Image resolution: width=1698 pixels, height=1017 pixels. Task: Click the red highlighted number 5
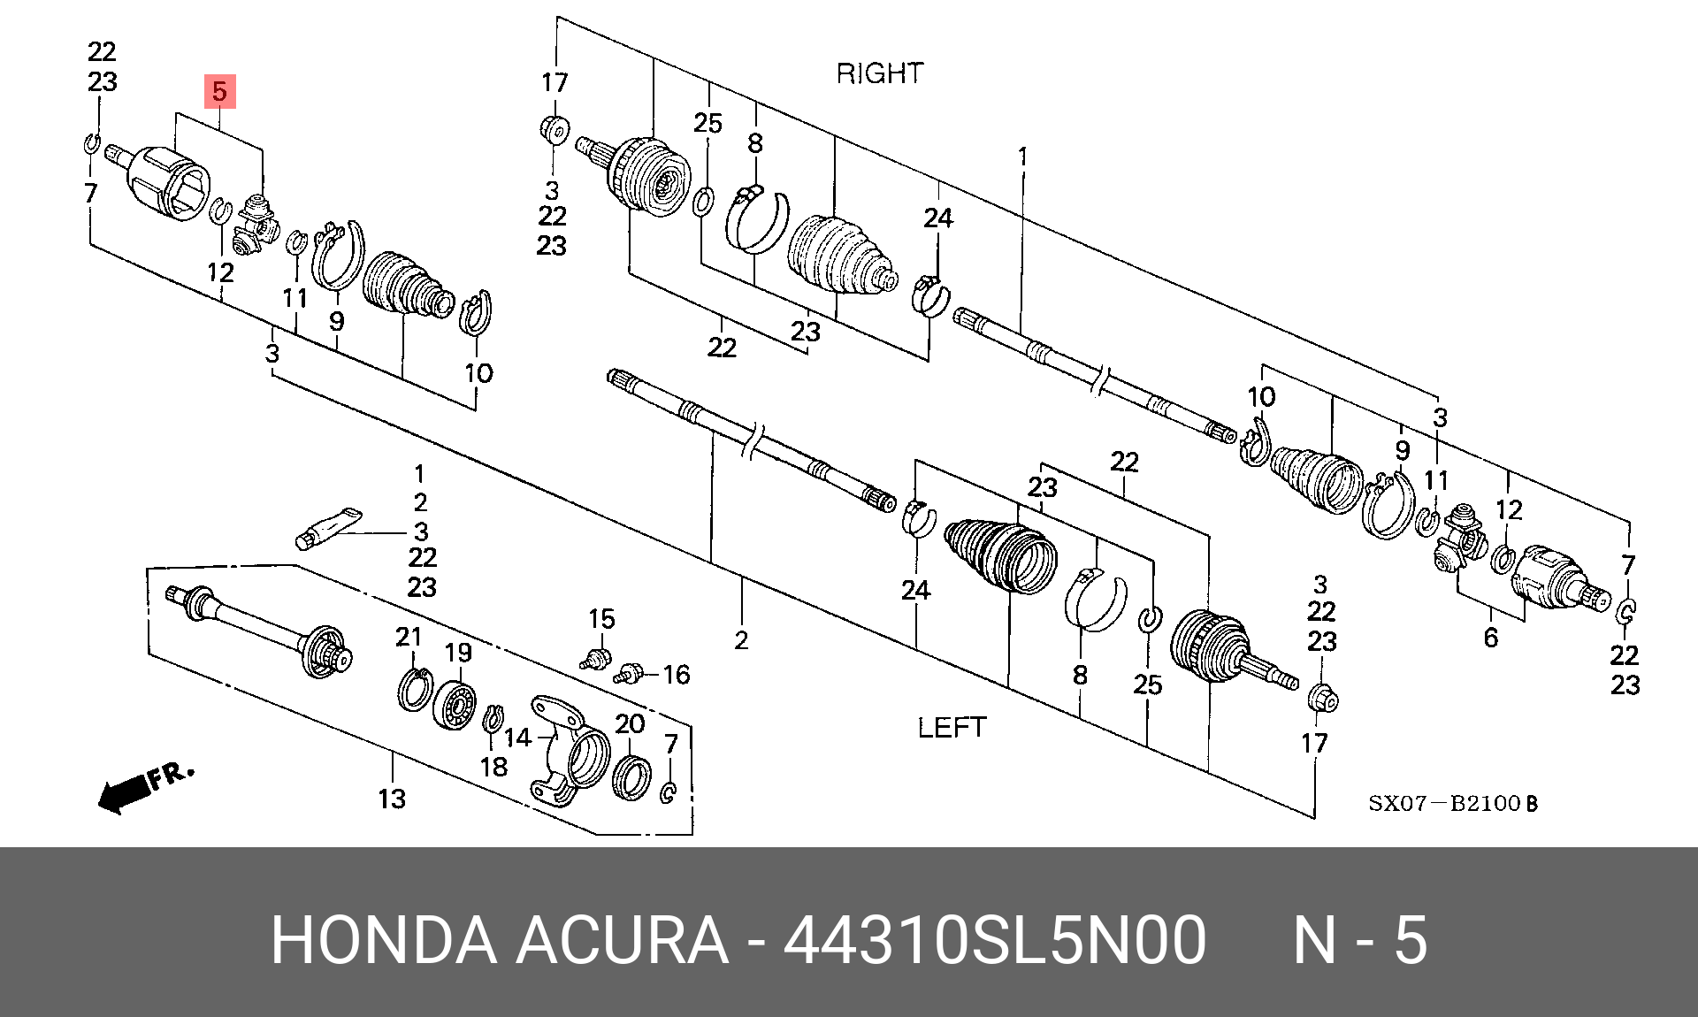pos(219,91)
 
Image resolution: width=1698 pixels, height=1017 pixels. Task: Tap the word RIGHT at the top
pos(880,73)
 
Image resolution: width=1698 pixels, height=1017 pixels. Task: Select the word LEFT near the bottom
pos(952,728)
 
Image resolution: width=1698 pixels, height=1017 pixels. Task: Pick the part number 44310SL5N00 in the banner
pos(995,939)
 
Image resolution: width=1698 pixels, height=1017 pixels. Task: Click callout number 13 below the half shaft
pos(392,799)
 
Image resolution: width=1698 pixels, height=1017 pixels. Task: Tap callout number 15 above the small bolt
pos(601,619)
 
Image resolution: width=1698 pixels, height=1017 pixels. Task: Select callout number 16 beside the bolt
pos(677,675)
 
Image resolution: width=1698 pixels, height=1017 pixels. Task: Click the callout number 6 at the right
pos(1491,638)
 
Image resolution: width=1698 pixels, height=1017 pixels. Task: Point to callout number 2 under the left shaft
pos(741,640)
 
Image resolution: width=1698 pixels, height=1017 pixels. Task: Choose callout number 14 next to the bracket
pos(518,737)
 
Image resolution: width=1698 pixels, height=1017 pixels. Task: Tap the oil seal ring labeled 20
pos(631,777)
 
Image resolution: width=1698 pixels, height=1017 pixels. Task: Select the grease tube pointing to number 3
pos(328,528)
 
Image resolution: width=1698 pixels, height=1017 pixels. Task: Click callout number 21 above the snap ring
pos(409,637)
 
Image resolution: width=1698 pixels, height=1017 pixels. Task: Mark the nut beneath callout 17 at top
pos(555,130)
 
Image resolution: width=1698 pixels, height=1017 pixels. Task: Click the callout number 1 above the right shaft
pos(1022,157)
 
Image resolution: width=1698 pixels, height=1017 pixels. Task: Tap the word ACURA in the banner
pos(621,939)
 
